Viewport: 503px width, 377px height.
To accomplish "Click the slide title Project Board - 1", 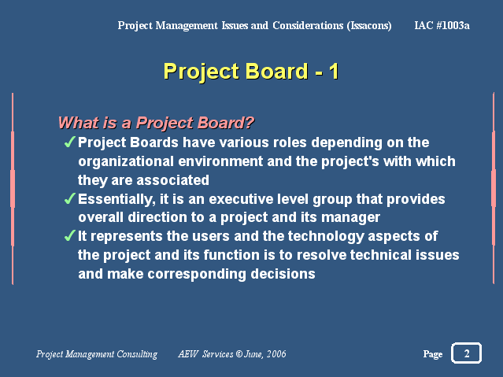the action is point(251,72).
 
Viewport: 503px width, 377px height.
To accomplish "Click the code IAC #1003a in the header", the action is point(442,25).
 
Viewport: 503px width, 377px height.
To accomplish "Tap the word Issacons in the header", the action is point(369,26).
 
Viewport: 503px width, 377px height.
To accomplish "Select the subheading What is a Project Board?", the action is point(156,123).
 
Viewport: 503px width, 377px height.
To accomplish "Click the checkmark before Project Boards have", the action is point(69,142).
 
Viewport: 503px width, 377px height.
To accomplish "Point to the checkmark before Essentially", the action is point(69,198).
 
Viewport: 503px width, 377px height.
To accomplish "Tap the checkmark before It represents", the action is point(69,235).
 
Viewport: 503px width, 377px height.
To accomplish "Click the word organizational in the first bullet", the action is point(126,161).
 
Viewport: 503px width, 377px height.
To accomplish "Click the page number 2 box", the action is point(467,353).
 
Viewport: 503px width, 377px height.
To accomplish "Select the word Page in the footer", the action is point(432,354).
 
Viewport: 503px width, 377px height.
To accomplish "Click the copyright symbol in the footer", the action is point(239,353).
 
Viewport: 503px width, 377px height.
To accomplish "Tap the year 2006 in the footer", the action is point(276,353).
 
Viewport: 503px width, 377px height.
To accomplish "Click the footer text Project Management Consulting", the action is point(97,354).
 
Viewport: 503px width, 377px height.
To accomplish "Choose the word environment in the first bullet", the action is point(220,161).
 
